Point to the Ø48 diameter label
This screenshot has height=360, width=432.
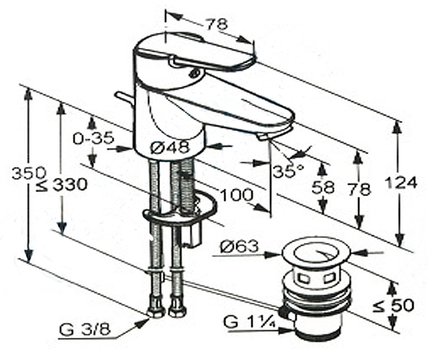170,147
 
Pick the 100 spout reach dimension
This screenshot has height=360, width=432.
237,195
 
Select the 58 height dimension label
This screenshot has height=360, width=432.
323,187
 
